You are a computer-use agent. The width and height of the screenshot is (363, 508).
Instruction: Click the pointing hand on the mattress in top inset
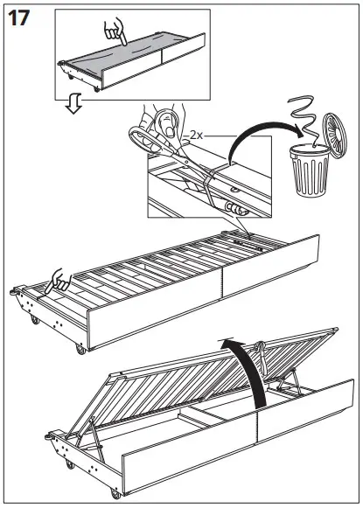point(112,32)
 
